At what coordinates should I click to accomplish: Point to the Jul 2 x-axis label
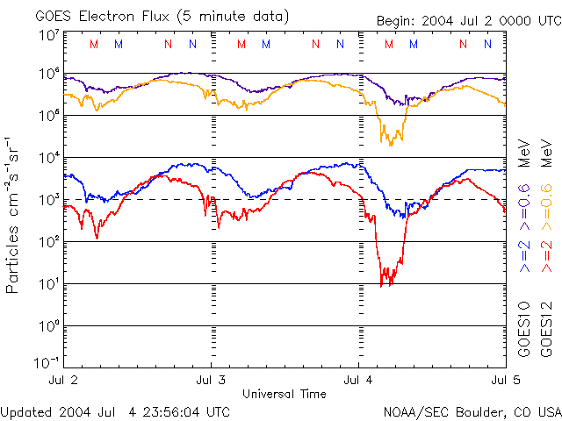point(63,380)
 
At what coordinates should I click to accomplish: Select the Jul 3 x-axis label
point(211,380)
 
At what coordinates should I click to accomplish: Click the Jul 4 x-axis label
point(359,380)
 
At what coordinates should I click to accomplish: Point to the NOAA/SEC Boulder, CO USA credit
point(472,410)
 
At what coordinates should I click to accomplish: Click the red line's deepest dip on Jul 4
point(382,284)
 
